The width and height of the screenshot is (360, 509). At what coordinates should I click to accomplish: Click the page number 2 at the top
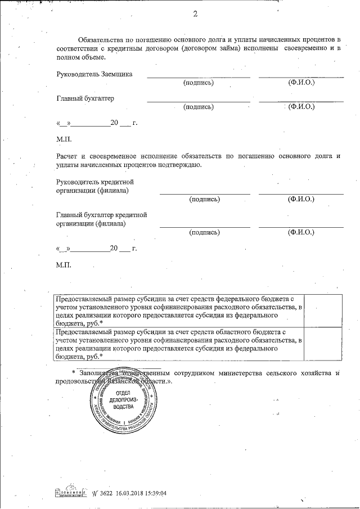[x=195, y=13]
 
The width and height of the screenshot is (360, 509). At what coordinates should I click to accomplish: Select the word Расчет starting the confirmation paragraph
[x=67, y=156]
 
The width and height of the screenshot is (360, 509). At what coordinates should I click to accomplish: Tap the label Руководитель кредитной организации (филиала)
[x=95, y=186]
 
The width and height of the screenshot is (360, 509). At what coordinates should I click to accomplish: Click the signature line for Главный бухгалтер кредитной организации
[x=205, y=226]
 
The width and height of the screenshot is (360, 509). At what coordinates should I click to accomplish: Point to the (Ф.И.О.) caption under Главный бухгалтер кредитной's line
[x=301, y=232]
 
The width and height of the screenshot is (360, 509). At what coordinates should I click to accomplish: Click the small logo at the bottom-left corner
[x=67, y=492]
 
